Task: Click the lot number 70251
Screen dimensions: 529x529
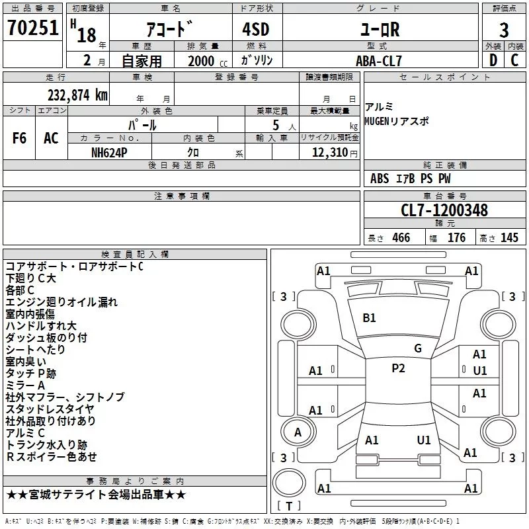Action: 32,28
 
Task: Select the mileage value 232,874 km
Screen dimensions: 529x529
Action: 77,95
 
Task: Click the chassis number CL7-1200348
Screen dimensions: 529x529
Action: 444,211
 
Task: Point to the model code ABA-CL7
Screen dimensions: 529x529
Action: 380,60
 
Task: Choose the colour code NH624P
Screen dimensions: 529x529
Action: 110,151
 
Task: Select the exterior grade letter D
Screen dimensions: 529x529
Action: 493,60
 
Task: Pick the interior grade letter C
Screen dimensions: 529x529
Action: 514,60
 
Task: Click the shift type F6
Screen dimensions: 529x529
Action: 20,138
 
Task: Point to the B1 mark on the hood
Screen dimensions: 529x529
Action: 369,318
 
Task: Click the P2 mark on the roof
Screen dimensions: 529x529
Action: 398,368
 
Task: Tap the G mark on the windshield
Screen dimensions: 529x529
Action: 417,348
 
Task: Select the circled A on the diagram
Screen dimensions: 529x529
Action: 298,432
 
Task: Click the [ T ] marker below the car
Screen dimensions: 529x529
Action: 288,507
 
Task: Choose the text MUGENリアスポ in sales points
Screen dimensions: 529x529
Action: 397,121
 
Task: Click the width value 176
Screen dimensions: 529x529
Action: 456,238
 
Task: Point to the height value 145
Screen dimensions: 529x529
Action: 509,238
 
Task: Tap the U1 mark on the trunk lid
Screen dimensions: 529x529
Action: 424,440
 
